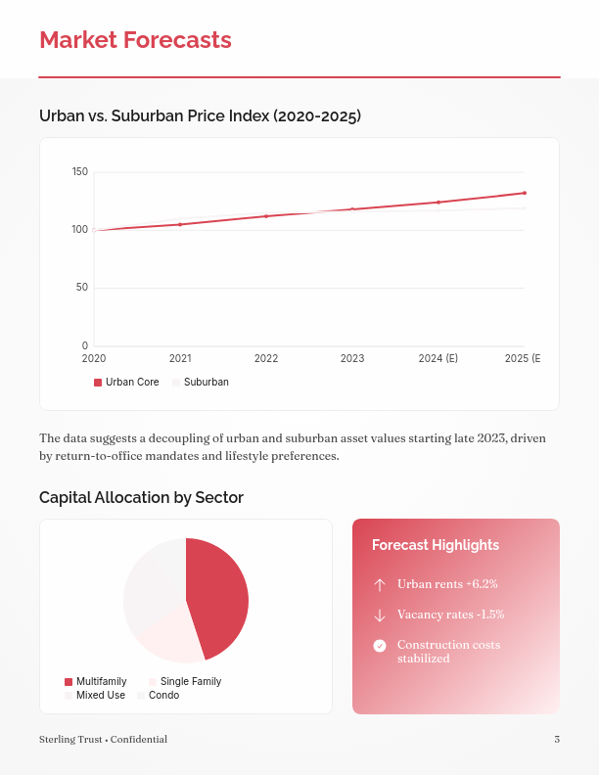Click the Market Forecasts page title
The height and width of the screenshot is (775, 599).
[135, 40]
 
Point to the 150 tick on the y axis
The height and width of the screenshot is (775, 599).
[80, 172]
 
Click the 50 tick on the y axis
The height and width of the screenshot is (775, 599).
[82, 288]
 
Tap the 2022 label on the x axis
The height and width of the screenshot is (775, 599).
[266, 359]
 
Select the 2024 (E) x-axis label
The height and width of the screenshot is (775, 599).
[438, 359]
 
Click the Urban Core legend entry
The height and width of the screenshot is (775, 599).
[126, 383]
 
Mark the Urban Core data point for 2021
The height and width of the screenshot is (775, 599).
[180, 224]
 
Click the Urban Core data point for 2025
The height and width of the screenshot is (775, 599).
[525, 193]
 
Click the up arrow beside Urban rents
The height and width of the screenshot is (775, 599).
[380, 584]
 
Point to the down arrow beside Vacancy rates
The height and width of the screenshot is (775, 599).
[380, 615]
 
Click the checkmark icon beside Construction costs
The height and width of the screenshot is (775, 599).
[380, 646]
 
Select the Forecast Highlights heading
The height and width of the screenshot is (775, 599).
[436, 545]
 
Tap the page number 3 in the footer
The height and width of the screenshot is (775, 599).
[556, 740]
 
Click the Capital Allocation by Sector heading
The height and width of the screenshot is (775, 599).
[141, 498]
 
